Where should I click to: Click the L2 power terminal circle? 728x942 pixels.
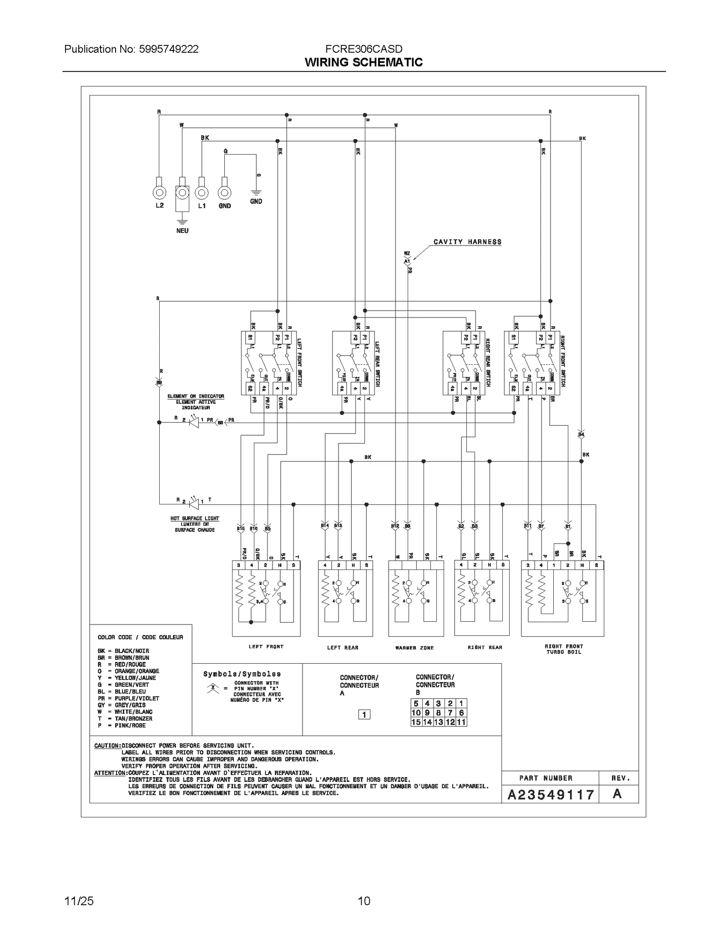point(159,193)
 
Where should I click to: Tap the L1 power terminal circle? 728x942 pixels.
point(202,193)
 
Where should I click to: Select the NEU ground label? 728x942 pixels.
point(182,231)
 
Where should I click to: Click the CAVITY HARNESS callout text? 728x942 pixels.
point(467,242)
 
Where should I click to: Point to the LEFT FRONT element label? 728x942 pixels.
point(266,646)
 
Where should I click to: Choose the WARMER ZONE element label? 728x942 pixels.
point(415,648)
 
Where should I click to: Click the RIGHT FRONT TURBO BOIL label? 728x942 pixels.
point(564,649)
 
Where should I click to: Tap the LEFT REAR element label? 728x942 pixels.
point(343,648)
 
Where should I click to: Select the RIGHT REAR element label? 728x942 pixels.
point(485,647)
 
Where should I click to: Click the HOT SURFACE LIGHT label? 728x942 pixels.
point(195,519)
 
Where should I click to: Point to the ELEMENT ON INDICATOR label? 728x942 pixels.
point(196,397)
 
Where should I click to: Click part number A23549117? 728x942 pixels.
point(551,795)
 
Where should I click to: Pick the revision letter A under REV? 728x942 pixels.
point(617,794)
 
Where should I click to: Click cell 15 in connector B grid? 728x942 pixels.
point(416,722)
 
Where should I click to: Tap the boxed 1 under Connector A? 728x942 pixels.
point(364,715)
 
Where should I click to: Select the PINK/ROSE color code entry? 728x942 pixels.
point(122,725)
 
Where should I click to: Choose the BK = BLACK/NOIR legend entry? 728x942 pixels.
point(123,651)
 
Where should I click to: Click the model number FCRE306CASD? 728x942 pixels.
point(364,49)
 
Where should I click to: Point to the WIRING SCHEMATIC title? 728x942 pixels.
point(364,62)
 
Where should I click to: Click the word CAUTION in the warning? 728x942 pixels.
point(107,746)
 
